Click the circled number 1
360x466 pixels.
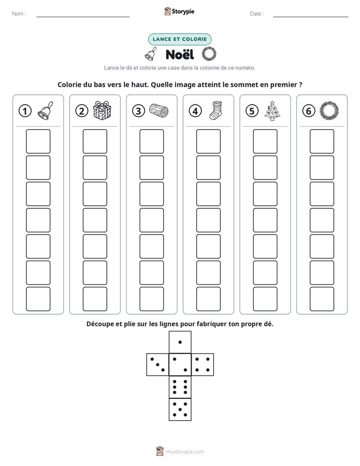25,111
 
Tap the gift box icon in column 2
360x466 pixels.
102,110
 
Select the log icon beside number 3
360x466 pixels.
159,111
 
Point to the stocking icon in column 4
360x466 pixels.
215,110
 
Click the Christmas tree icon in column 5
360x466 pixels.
272,110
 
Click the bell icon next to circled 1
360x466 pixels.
45,110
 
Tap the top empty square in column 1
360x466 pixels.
38,141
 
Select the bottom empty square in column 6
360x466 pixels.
322,299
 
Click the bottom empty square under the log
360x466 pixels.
151,299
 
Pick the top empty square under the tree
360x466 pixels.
265,141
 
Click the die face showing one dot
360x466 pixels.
180,342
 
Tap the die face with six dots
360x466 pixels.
180,387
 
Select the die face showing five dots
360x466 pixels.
180,410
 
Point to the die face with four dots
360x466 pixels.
203,364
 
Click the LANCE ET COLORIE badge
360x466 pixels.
179,39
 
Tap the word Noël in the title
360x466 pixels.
179,54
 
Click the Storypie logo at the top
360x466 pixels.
179,12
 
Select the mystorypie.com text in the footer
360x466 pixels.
185,452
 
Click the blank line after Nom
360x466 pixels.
83,17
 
